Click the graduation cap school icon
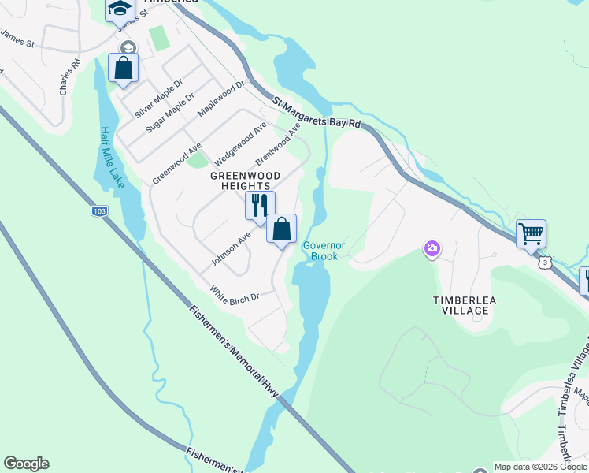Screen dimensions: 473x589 (120, 9)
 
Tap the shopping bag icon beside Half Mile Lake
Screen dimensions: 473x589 (124, 67)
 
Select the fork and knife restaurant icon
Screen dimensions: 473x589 (260, 205)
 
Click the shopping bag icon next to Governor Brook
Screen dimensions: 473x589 (281, 229)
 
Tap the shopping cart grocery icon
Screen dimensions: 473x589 (531, 233)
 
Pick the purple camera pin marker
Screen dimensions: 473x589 (432, 250)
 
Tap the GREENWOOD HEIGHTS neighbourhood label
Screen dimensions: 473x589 (246, 180)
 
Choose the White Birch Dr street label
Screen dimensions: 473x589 (235, 296)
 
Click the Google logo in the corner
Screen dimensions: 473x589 (26, 464)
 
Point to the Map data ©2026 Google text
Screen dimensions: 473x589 (540, 467)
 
